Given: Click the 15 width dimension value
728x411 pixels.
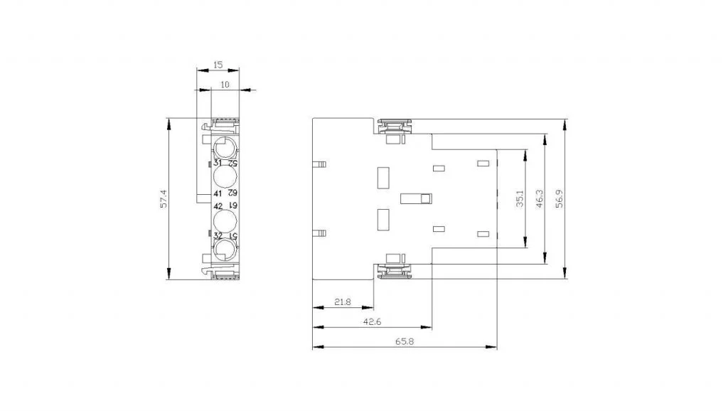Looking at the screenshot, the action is click(218, 65).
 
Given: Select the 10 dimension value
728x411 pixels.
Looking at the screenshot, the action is click(225, 85).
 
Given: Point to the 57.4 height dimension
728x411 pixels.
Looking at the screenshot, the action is click(163, 199).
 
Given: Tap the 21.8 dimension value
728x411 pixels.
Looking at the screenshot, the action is click(343, 302).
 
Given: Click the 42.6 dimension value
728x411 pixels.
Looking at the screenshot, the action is click(372, 321).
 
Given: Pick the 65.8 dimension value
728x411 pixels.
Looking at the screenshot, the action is click(405, 341).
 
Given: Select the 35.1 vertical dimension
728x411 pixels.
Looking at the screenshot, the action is click(520, 198).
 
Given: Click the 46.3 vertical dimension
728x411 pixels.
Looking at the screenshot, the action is click(540, 198).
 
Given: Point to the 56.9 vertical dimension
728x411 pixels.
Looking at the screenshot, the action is click(560, 198).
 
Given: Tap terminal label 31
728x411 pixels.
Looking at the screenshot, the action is click(218, 163).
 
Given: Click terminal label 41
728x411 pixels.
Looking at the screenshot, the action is click(218, 193).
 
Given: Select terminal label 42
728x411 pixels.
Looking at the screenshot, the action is click(218, 206).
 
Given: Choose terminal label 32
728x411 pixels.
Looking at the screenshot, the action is click(218, 236).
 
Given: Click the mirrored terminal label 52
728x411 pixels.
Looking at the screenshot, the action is click(232, 164).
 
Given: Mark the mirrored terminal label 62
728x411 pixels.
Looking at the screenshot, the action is click(232, 193).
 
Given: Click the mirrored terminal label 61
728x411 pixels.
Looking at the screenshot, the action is click(232, 205).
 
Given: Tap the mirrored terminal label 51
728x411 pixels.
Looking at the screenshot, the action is click(232, 236).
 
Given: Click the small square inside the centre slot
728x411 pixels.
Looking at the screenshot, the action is click(426, 199).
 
